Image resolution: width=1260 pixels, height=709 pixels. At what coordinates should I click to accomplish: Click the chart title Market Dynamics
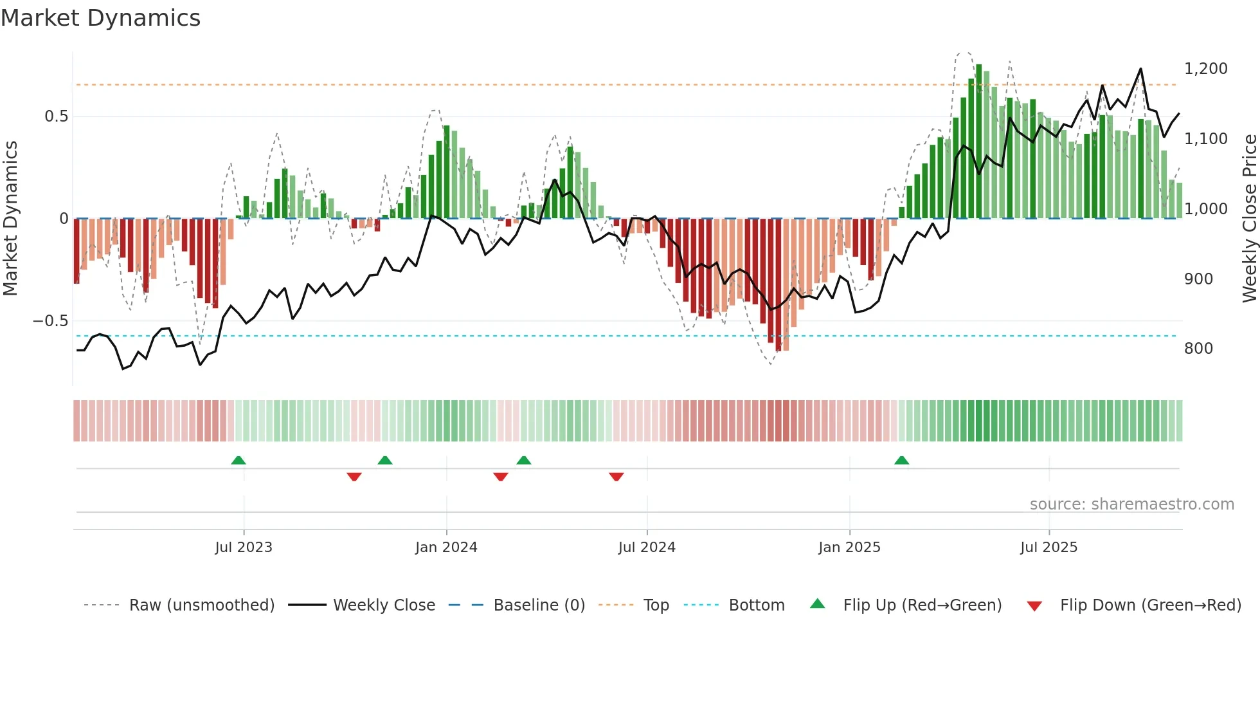(x=101, y=18)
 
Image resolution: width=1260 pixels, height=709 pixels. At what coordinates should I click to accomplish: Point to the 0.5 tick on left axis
(x=56, y=116)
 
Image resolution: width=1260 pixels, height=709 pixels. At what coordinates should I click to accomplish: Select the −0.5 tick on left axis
(x=51, y=321)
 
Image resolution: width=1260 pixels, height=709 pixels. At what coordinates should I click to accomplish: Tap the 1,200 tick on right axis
(x=1205, y=69)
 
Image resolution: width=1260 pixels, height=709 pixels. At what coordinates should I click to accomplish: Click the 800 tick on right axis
(x=1198, y=349)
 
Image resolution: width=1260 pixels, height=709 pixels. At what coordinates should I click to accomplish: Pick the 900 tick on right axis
(x=1198, y=279)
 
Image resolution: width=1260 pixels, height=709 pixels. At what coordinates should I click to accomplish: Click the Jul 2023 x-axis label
(x=244, y=548)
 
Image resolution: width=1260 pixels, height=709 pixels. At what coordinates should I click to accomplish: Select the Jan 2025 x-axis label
(x=849, y=548)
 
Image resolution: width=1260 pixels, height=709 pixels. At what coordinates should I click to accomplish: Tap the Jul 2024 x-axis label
(x=647, y=548)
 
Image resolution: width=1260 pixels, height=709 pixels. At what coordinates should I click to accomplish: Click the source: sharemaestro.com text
(x=1131, y=504)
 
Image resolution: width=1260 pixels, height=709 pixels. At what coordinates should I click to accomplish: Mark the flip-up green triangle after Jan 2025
(x=901, y=461)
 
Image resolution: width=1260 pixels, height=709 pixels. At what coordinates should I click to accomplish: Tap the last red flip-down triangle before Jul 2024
(x=616, y=477)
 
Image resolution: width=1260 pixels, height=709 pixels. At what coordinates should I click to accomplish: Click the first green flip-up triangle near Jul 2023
(x=239, y=461)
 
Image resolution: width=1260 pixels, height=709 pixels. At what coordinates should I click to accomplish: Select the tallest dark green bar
(x=978, y=142)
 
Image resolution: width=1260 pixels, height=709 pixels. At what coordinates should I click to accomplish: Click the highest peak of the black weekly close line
(x=1140, y=69)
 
